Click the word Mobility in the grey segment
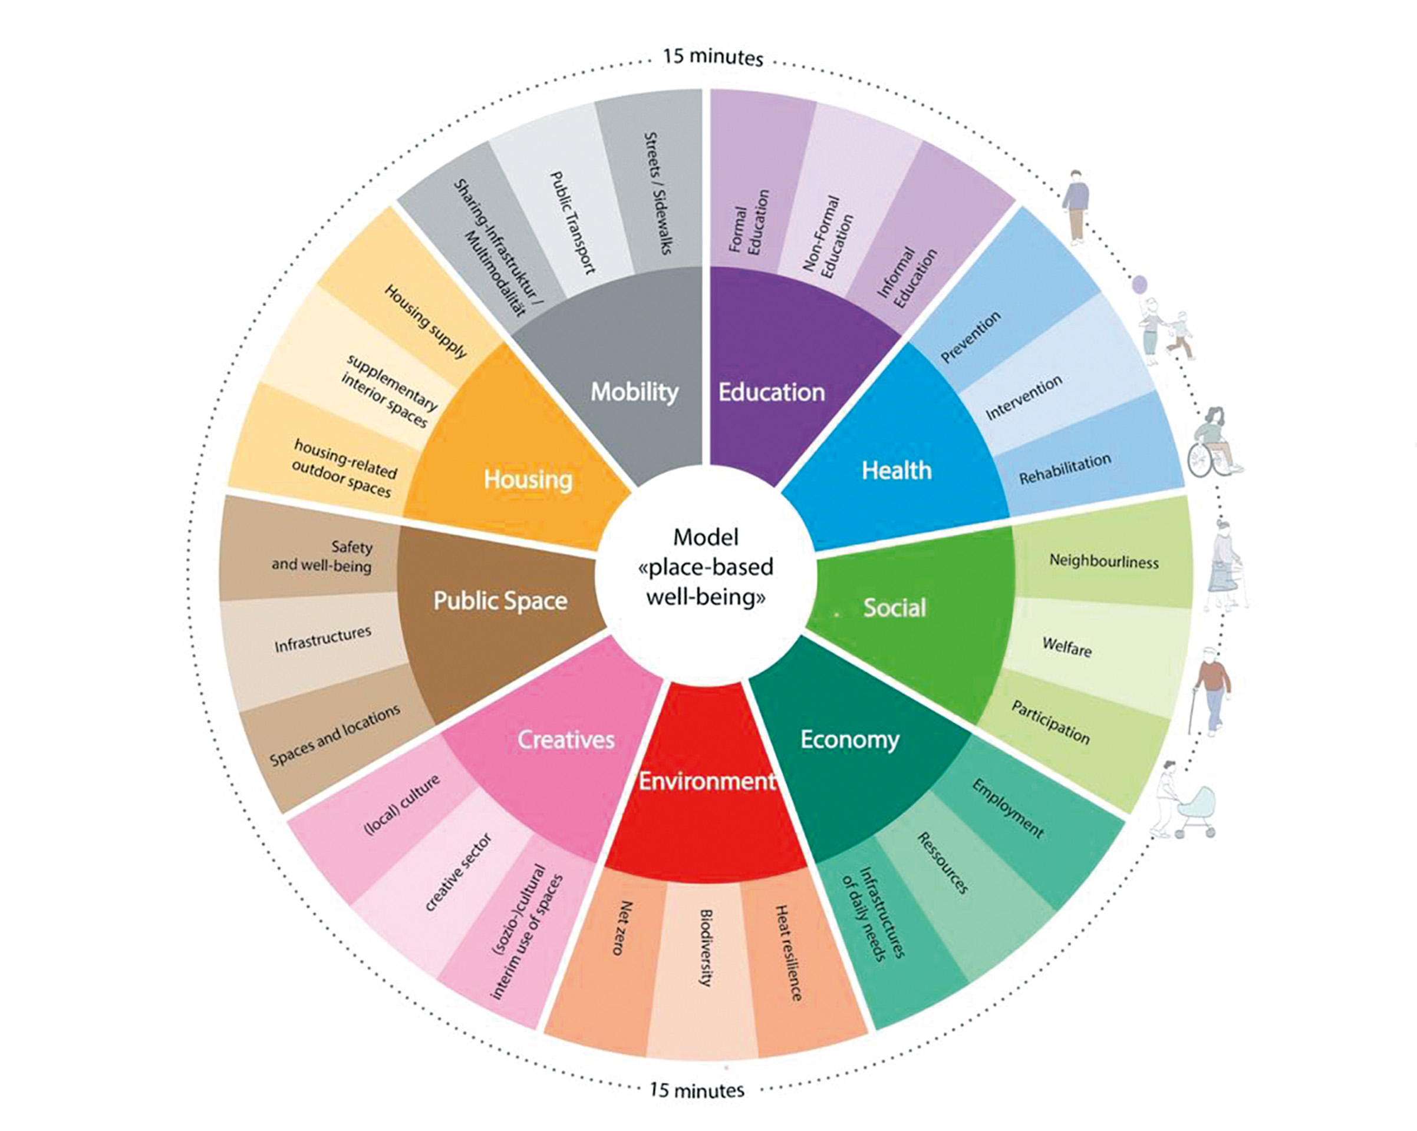pos(634,392)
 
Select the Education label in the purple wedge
pos(771,392)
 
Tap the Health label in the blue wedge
pos(897,470)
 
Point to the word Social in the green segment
pos(895,607)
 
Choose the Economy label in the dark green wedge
pos(850,739)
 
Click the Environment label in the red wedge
pos(707,781)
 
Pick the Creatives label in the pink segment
pos(566,739)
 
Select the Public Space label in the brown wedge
pos(500,600)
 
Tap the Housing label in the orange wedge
pos(528,479)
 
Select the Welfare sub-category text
pos(1067,647)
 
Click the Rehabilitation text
pos(1065,469)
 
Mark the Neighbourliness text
pos(1103,561)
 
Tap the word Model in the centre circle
pos(706,537)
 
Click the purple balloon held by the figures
pos(1139,284)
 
